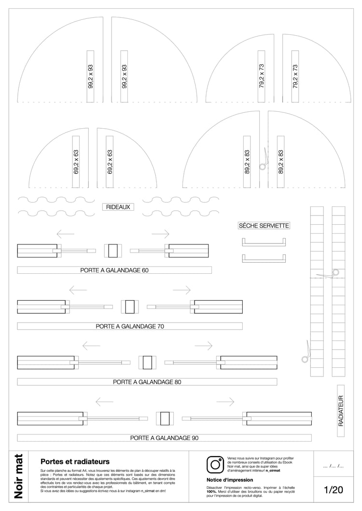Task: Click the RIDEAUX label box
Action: [118, 207]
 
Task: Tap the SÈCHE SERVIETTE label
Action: [264, 226]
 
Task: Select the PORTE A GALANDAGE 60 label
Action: [114, 270]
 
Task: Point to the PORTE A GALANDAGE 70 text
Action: [130, 326]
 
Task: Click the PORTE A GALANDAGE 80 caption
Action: [147, 382]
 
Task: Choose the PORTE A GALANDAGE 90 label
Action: [164, 438]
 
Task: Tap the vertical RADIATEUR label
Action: [341, 411]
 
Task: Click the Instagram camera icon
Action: [215, 464]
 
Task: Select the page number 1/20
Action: [333, 489]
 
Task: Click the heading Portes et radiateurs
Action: [75, 461]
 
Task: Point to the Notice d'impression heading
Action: [230, 480]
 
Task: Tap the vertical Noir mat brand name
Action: [19, 476]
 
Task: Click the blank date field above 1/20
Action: [333, 466]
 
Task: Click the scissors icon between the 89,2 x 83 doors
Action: [264, 160]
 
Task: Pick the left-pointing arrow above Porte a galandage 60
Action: [65, 234]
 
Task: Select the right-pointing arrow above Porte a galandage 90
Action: [225, 402]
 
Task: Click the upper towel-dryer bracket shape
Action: [264, 242]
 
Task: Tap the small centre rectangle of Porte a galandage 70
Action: [130, 307]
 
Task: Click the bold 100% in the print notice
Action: [211, 491]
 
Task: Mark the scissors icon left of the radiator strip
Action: [306, 351]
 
